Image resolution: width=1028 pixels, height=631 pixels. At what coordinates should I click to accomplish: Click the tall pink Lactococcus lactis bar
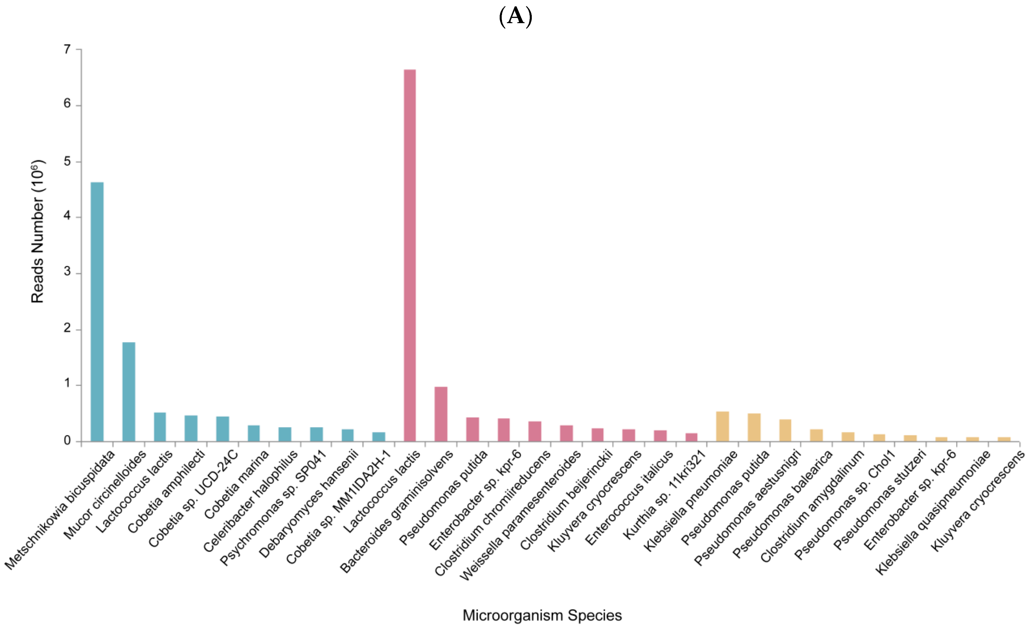pyautogui.click(x=410, y=254)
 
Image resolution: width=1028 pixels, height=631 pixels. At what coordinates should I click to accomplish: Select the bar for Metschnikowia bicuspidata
pyautogui.click(x=97, y=311)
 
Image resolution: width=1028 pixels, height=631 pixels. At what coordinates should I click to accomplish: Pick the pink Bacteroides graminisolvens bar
pyautogui.click(x=441, y=413)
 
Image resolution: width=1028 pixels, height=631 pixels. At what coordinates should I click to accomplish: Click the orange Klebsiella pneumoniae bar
pyautogui.click(x=722, y=426)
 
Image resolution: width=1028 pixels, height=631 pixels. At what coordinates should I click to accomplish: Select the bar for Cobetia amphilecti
pyautogui.click(x=191, y=428)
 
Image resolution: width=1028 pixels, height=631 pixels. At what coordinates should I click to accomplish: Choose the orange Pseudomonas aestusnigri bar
pyautogui.click(x=785, y=430)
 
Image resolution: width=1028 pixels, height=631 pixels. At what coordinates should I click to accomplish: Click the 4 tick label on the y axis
pyautogui.click(x=67, y=217)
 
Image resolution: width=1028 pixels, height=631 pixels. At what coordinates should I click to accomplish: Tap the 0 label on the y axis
pyautogui.click(x=67, y=441)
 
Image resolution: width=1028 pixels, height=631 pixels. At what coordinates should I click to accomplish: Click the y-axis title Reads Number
pyautogui.click(x=38, y=232)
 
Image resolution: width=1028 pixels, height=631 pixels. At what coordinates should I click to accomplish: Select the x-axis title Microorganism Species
pyautogui.click(x=542, y=615)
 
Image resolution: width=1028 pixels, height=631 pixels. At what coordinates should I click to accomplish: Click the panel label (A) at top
pyautogui.click(x=515, y=17)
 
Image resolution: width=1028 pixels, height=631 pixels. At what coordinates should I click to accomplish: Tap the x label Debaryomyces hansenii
pyautogui.click(x=309, y=504)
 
